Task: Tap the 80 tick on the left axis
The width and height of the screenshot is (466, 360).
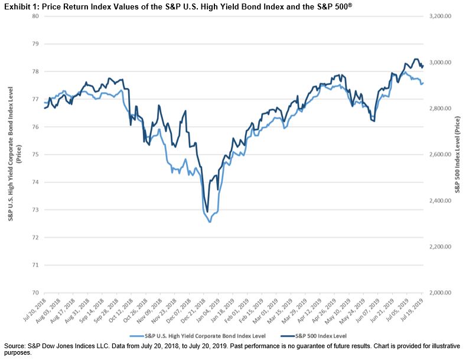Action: point(35,16)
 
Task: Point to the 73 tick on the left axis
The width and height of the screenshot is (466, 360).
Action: point(35,210)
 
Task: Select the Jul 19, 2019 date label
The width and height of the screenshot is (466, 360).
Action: point(414,312)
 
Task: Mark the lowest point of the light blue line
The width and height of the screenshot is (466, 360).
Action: point(210,222)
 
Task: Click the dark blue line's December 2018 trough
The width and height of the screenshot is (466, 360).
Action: point(207,212)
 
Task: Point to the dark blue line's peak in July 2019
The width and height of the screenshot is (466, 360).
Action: point(416,59)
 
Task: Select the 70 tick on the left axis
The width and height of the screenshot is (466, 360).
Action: point(35,293)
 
